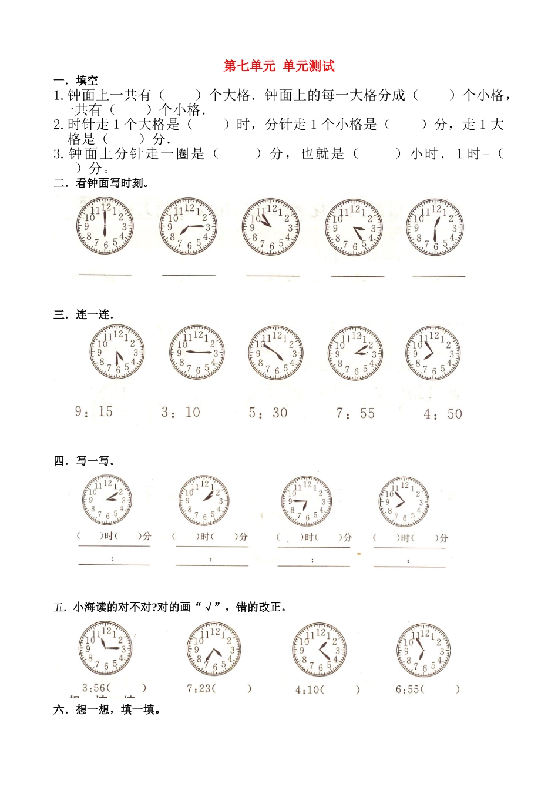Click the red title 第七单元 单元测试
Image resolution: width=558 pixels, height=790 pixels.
pos(279,66)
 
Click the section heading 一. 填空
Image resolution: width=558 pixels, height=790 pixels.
pos(76,81)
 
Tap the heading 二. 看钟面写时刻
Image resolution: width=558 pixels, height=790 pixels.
pos(101,183)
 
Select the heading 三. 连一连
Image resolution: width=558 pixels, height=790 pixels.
pos(83,314)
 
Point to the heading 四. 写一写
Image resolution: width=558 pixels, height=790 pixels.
pos(85,461)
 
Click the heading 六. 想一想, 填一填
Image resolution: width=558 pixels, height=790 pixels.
pos(107,709)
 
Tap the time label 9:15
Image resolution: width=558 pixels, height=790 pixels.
pos(94,411)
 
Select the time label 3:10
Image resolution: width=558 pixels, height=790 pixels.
pos(181,412)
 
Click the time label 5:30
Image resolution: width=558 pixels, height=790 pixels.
pos(268,413)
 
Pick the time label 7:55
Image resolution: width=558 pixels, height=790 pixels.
pos(355,413)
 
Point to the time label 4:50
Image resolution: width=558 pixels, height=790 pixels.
pos(443,414)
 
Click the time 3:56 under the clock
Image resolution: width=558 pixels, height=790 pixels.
pos(94,688)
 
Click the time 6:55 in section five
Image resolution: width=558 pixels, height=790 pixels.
pos(408,689)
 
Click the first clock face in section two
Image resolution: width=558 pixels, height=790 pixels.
pos(105,226)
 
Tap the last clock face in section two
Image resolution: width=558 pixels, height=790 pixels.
pos(435,227)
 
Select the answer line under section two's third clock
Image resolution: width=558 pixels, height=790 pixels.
pos(273,275)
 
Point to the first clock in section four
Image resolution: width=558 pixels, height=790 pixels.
pos(107,500)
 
